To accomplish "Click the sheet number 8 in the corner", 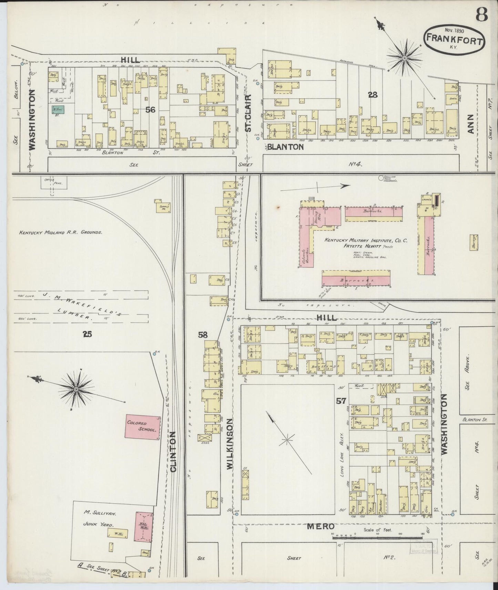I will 481,15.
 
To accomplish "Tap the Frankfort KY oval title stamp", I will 454,39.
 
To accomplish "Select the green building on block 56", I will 57,110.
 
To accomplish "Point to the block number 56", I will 150,110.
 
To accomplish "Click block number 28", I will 373,95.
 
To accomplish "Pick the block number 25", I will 87,333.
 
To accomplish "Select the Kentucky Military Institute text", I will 365,241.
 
